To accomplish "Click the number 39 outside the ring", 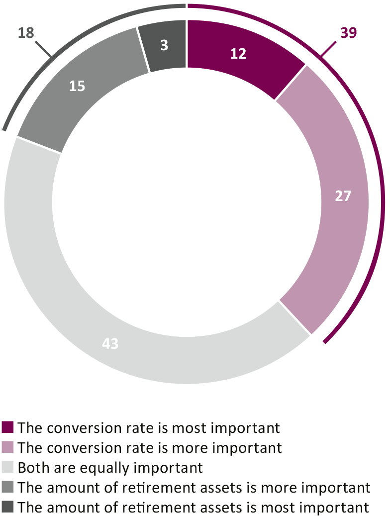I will coord(348,33).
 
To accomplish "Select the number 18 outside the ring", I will coord(26,33).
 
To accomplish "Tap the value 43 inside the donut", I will coord(110,344).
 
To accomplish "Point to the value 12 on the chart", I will coord(239,54).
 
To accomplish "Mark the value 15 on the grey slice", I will coord(77,86).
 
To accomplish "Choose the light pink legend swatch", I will coord(8,447).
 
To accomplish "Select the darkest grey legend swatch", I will coord(8,508).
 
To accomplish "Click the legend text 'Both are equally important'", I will coord(110,468).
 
